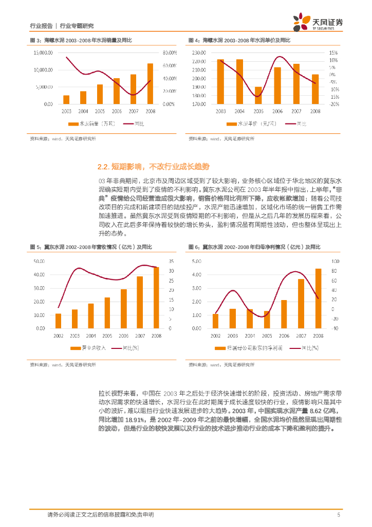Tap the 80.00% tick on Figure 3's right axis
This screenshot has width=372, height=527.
pos(170,52)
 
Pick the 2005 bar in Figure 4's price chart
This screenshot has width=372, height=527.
pos(258,96)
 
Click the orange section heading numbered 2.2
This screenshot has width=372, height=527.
pos(154,167)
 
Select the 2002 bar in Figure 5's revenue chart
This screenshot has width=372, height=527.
pos(58,322)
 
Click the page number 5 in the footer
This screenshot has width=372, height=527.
pos(339,515)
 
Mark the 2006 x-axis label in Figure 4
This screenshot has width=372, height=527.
pos(277,111)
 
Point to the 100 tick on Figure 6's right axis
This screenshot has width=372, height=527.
pos(334,261)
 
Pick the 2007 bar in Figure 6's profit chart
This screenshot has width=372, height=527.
pos(301,305)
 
